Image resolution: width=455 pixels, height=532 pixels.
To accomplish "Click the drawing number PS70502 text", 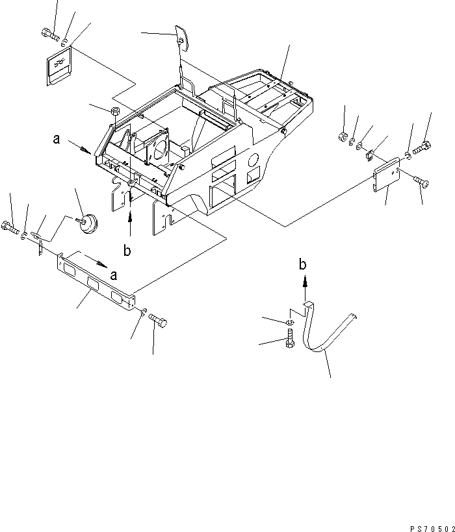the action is click(x=432, y=529).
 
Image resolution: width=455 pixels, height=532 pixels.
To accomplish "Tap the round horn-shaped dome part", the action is click(x=88, y=223).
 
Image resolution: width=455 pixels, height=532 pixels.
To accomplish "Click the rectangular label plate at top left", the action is click(x=59, y=66).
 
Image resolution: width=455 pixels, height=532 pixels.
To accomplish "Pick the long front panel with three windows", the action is click(x=96, y=281).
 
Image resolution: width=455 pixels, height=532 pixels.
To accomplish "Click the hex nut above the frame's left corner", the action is click(x=115, y=111).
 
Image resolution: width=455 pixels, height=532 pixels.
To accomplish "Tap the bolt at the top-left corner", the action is click(x=50, y=34).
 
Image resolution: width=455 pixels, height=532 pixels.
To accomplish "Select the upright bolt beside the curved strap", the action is click(x=291, y=338).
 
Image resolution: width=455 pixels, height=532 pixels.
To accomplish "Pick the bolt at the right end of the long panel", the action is click(x=158, y=320).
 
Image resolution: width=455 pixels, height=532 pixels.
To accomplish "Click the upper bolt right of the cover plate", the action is click(x=422, y=147).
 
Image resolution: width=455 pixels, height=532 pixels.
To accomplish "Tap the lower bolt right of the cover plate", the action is click(x=421, y=181).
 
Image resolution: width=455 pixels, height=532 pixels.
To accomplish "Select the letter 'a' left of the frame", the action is click(x=57, y=138).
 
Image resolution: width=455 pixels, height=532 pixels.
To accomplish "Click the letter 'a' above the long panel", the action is click(x=114, y=275).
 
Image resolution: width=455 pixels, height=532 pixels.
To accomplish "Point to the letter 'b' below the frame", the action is click(x=127, y=250).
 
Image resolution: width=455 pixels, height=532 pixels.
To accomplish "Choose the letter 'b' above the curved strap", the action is click(x=302, y=264).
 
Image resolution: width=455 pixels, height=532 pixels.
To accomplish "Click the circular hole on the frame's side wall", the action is click(x=253, y=160).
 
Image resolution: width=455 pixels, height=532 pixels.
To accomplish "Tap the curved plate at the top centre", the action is click(x=182, y=38).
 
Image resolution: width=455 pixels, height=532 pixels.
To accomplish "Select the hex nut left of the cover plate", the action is click(x=343, y=136).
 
